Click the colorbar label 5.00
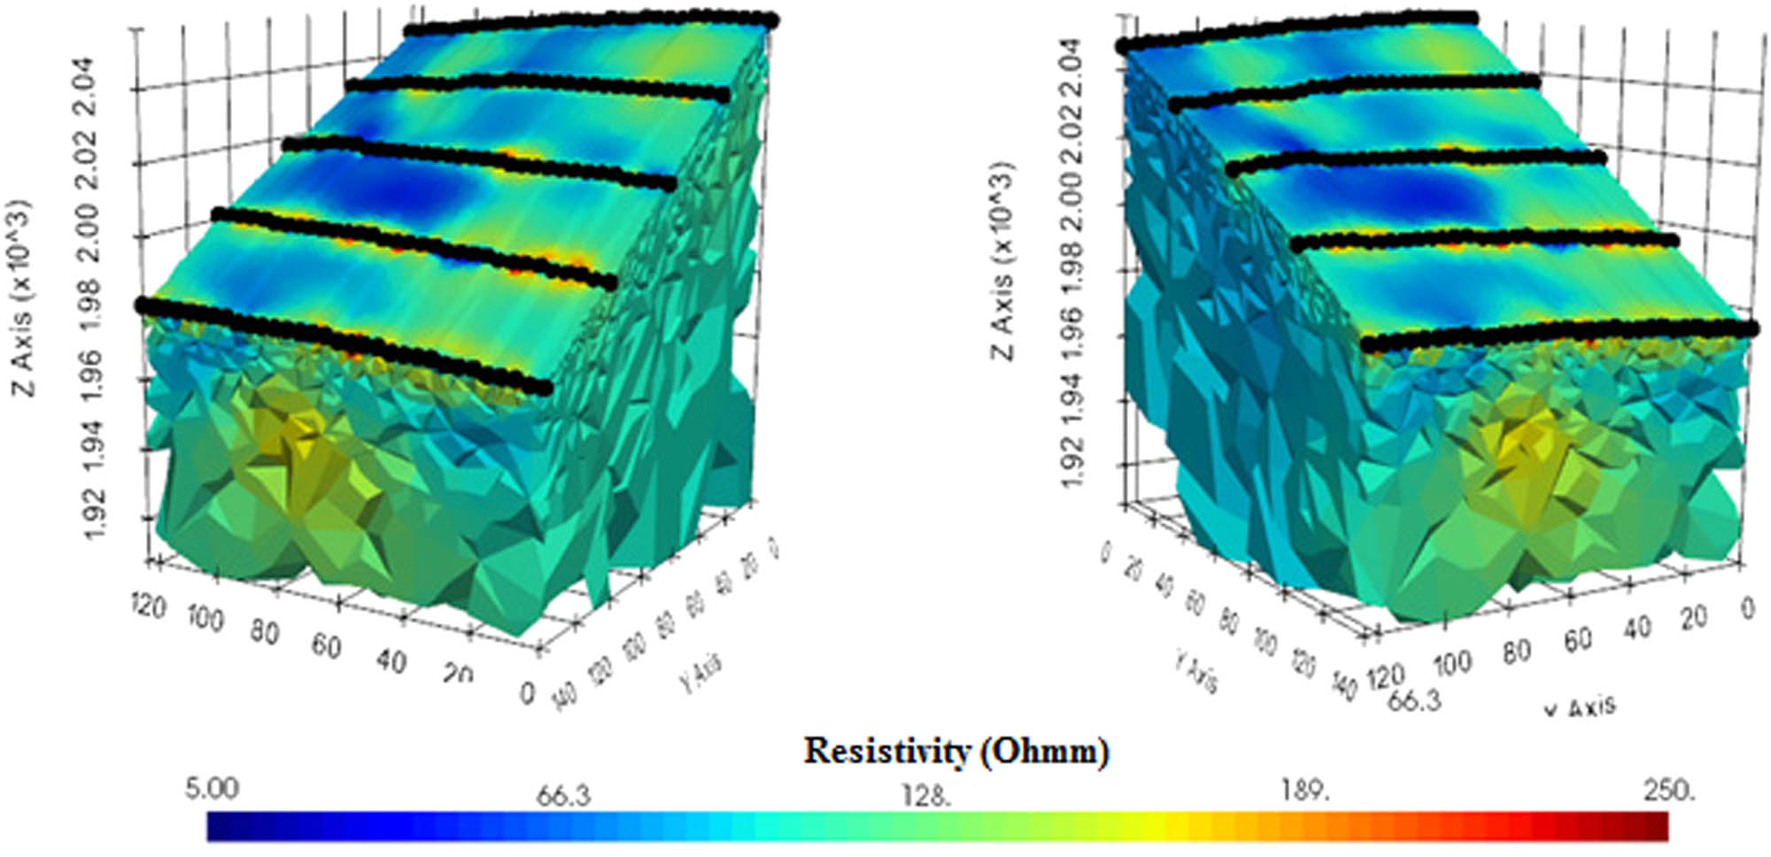pyautogui.click(x=211, y=788)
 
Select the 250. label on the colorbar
pyautogui.click(x=1668, y=789)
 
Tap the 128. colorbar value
pyautogui.click(x=926, y=795)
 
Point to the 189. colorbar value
pyautogui.click(x=1305, y=790)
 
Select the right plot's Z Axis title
pyautogui.click(x=1002, y=262)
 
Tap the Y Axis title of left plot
pyautogui.click(x=700, y=672)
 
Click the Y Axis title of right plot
pyautogui.click(x=1196, y=669)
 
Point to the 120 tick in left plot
pyautogui.click(x=148, y=606)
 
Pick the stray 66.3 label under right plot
pyautogui.click(x=1414, y=700)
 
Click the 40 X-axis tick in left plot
pyautogui.click(x=391, y=660)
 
